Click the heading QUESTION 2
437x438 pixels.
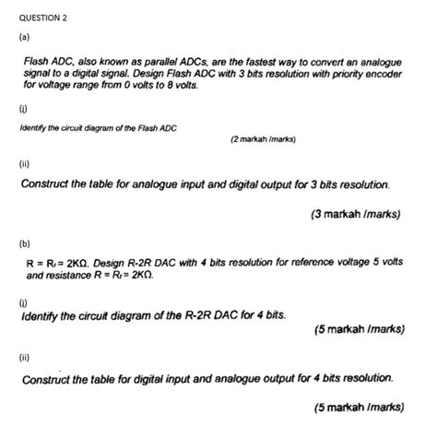[43, 18]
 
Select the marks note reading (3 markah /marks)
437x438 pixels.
[356, 214]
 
